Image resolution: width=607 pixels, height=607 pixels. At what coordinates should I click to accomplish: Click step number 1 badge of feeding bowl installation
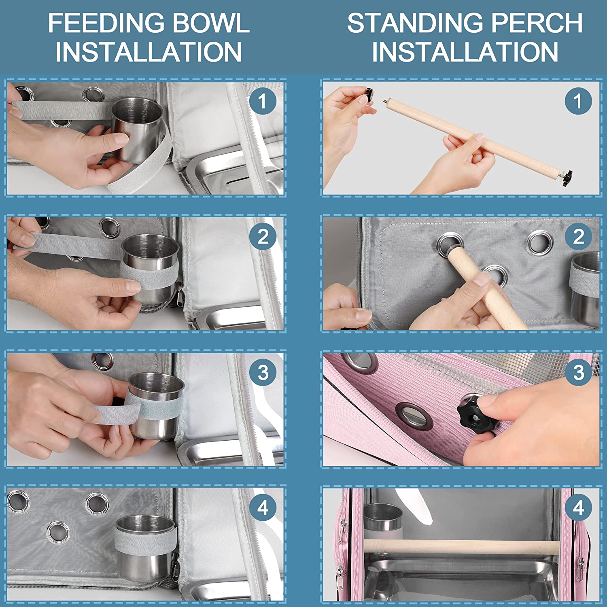[263, 101]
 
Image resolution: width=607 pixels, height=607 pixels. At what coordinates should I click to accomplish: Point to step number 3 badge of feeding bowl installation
[263, 372]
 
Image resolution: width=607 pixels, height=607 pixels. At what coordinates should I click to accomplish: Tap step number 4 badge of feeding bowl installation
[263, 507]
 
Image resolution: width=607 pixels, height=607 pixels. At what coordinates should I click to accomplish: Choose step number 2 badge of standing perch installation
[578, 236]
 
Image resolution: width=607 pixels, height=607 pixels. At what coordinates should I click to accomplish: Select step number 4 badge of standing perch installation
[578, 507]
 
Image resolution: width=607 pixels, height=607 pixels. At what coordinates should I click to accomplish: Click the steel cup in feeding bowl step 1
[137, 129]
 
